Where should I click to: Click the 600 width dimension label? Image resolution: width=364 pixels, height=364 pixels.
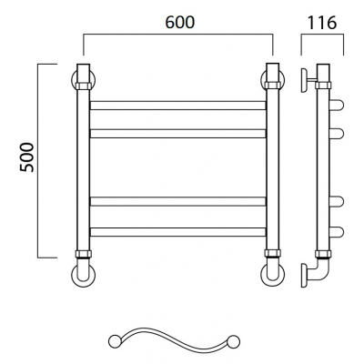point(179,22)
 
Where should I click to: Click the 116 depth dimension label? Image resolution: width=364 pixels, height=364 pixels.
point(322,23)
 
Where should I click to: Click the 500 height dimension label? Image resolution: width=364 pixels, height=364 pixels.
point(27,157)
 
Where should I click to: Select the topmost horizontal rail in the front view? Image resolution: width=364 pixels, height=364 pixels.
point(178,106)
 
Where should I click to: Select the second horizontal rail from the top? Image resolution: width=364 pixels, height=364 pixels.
point(178,134)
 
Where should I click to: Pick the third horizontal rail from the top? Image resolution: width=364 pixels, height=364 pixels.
point(178,201)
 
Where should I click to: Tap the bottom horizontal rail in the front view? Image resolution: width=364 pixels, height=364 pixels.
point(178,232)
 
